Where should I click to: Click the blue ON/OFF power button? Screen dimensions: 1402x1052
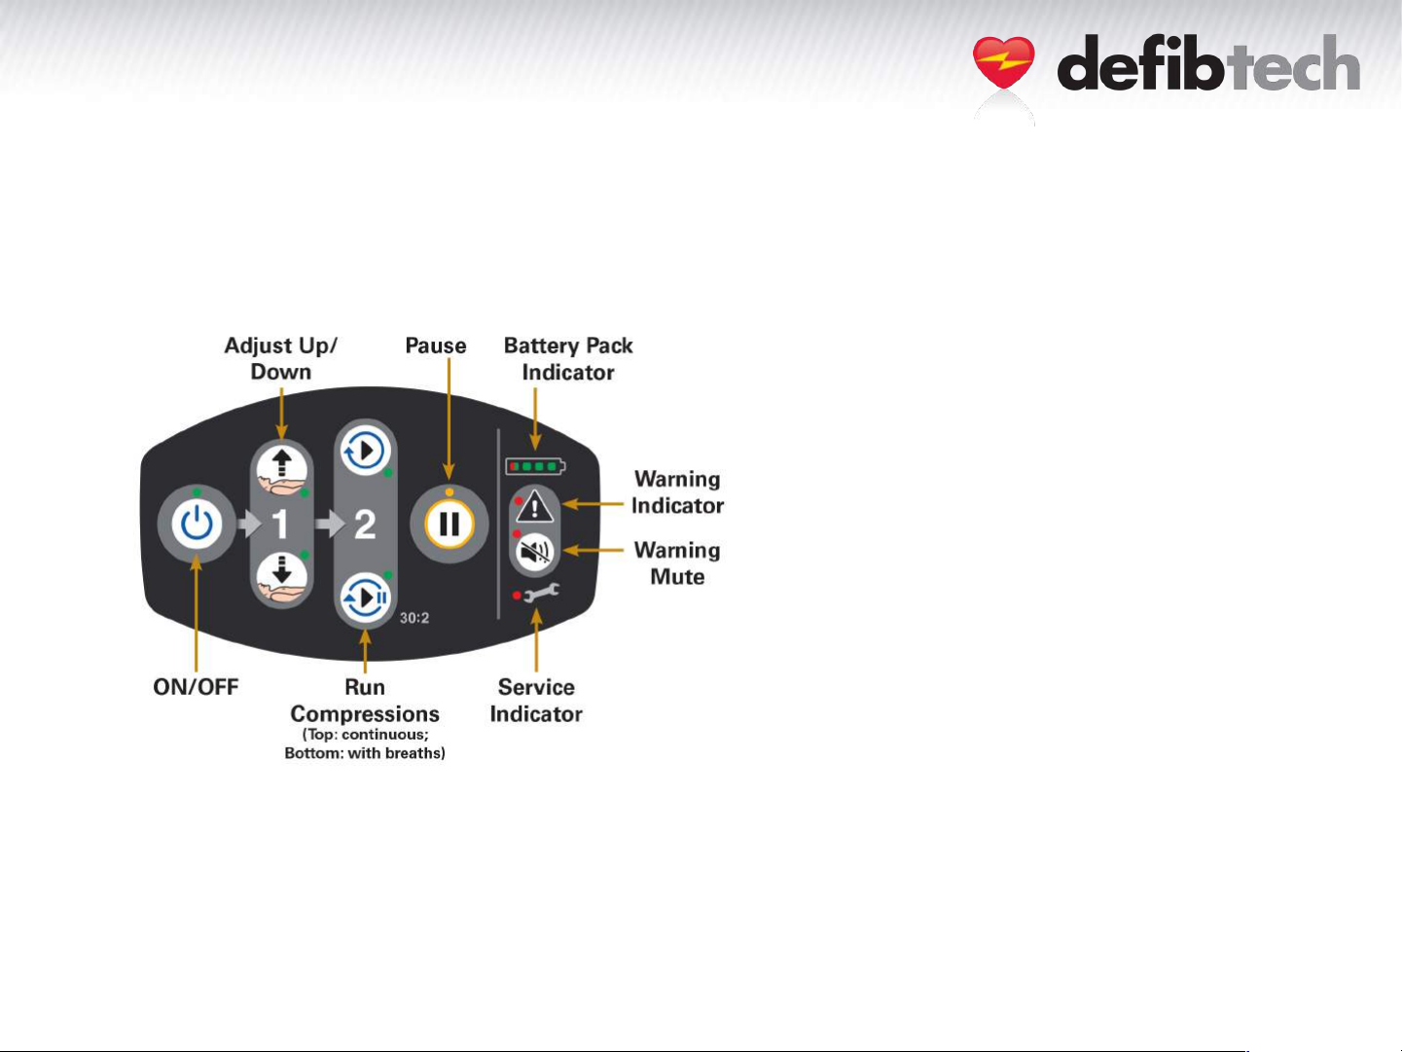point(197,525)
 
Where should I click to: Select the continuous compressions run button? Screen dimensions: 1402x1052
point(365,452)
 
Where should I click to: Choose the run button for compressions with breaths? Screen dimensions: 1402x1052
point(365,598)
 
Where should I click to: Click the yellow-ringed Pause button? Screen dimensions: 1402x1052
point(449,525)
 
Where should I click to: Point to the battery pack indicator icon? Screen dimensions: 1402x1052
point(534,467)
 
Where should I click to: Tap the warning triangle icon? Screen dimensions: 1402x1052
point(535,507)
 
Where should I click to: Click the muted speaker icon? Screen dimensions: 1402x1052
point(535,552)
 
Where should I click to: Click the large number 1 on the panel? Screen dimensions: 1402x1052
point(280,526)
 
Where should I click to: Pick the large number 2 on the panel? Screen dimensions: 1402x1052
point(365,526)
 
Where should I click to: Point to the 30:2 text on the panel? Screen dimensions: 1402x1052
point(414,618)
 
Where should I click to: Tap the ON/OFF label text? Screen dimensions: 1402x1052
point(196,687)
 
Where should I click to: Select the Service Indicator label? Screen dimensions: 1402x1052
point(536,701)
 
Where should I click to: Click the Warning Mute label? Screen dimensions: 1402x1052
point(677,563)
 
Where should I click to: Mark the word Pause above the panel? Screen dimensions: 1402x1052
point(436,345)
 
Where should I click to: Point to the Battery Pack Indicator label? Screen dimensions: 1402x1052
point(568,359)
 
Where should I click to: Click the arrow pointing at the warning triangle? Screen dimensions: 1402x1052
point(593,504)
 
